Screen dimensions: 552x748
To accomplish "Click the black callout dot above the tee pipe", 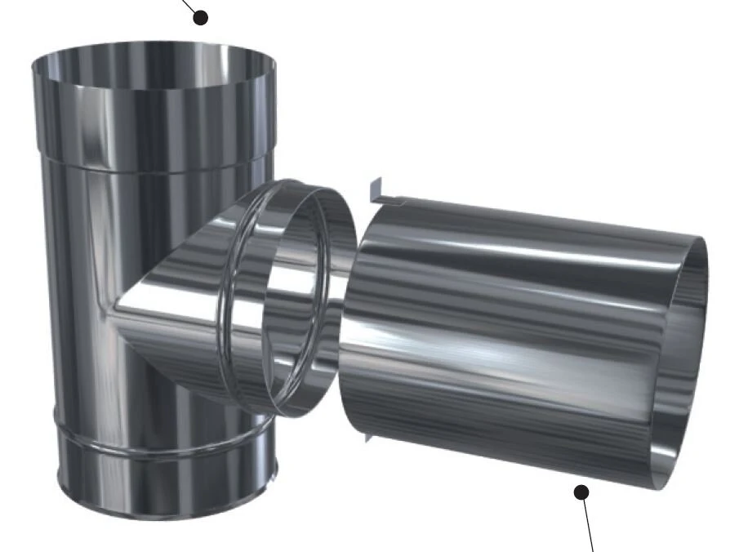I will (199, 16).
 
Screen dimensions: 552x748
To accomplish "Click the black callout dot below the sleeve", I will (581, 492).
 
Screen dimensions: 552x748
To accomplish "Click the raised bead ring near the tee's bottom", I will (155, 445).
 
